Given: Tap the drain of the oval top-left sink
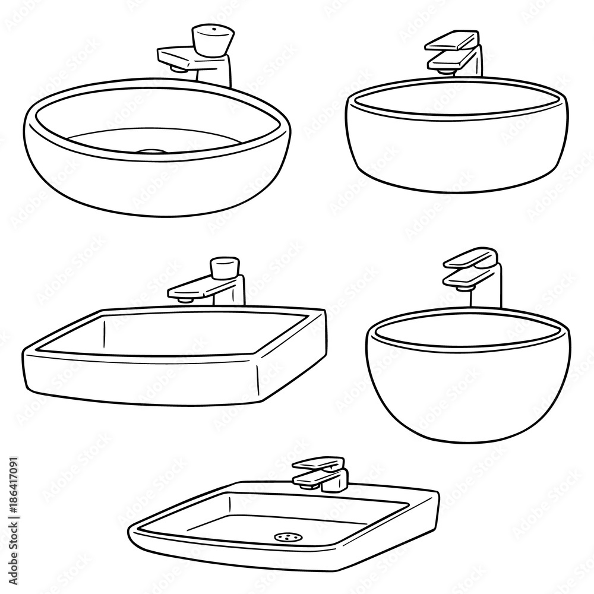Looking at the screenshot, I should tap(153, 151).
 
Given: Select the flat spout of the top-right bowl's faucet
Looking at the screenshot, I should tap(450, 59).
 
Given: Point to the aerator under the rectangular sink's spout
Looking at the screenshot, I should tap(186, 301).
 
